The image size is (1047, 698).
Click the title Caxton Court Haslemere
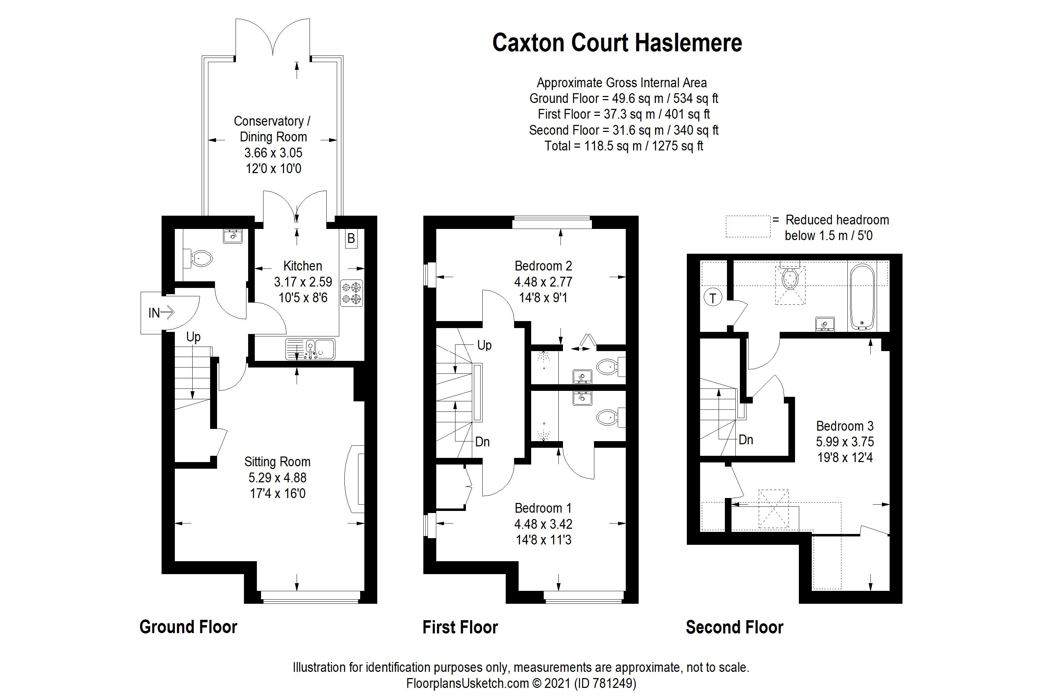click(x=617, y=43)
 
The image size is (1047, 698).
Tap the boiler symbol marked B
click(x=351, y=239)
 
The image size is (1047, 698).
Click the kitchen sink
click(x=310, y=349)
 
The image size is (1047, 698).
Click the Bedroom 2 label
click(x=543, y=266)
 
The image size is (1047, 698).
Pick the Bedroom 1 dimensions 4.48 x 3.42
click(x=543, y=524)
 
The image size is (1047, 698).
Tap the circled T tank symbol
click(x=713, y=298)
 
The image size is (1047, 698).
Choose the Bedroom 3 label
click(x=845, y=426)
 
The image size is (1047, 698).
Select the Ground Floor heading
click(x=188, y=627)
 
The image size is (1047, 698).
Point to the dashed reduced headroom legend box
click(x=748, y=227)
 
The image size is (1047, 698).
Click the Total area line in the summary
click(x=623, y=146)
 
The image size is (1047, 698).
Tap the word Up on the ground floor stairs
click(x=193, y=337)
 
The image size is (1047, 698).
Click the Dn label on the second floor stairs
click(x=745, y=440)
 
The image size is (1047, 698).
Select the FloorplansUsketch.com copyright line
click(x=521, y=683)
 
